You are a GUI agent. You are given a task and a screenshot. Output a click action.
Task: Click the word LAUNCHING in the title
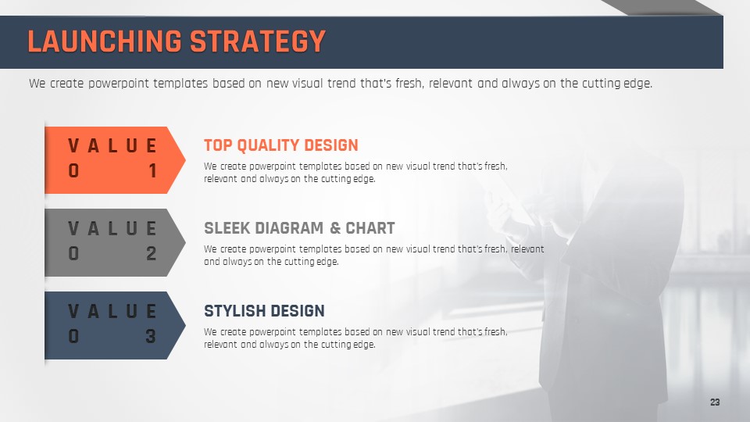tap(105, 41)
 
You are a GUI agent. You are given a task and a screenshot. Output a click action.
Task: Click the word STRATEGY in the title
tap(258, 41)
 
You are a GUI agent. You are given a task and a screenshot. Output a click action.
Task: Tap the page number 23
tap(715, 402)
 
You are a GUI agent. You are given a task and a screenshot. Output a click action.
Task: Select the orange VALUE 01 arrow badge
tap(115, 160)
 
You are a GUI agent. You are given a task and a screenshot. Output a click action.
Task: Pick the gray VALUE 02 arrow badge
tap(115, 242)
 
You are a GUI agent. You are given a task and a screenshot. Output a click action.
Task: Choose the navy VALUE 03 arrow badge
tap(115, 325)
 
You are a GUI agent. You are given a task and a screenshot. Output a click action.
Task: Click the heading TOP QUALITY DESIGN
tap(280, 145)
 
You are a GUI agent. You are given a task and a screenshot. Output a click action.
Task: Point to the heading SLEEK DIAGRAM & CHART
tap(299, 228)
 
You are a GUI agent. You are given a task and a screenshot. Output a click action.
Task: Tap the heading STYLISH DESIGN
tap(264, 311)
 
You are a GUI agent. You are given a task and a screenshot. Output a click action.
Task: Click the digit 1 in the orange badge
tap(152, 171)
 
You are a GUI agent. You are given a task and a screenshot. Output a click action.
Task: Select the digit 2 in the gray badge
tap(151, 253)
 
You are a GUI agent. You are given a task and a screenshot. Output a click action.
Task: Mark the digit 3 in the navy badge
tap(151, 336)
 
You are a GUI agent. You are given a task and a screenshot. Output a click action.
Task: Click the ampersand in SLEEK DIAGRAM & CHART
tap(335, 228)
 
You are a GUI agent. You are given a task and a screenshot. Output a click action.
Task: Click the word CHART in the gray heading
tap(370, 228)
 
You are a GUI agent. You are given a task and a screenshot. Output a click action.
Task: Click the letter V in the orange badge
tap(73, 145)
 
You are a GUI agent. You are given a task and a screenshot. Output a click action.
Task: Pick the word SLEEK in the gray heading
tap(227, 228)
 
